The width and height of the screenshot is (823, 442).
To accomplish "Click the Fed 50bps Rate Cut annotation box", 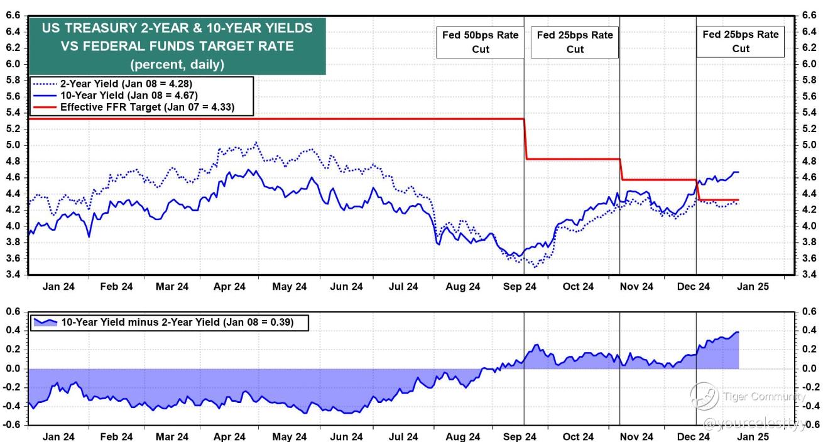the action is [x=480, y=42].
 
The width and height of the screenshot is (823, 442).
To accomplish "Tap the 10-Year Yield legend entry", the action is [x=116, y=96].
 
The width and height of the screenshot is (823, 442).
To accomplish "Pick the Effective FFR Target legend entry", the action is [x=134, y=108].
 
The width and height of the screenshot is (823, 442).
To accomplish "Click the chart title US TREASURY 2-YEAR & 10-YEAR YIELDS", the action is [x=177, y=28].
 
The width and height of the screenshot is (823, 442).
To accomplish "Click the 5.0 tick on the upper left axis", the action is [x=13, y=145].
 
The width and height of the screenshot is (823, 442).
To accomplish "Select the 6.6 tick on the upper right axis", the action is [x=809, y=15].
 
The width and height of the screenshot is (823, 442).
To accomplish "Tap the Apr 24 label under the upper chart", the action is [x=229, y=287].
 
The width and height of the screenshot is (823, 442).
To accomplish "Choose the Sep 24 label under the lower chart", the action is [x=520, y=436].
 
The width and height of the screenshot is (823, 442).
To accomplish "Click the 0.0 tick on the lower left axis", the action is [x=13, y=368].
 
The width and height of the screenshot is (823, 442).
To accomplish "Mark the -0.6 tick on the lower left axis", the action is [x=11, y=424].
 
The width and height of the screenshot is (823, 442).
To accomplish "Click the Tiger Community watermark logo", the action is [x=704, y=396].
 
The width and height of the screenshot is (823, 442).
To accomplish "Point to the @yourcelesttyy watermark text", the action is [x=755, y=424].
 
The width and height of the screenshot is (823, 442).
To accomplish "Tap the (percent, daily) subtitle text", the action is [x=177, y=64].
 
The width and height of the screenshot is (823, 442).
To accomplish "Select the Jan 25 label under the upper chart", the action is [x=753, y=287].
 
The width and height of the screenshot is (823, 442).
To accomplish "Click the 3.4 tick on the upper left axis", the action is [x=13, y=274].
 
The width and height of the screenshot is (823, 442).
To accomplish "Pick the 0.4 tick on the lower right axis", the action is [x=809, y=330].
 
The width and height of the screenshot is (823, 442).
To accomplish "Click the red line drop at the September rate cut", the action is [x=525, y=139].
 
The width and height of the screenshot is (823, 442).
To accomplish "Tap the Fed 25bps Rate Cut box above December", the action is [x=740, y=41].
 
